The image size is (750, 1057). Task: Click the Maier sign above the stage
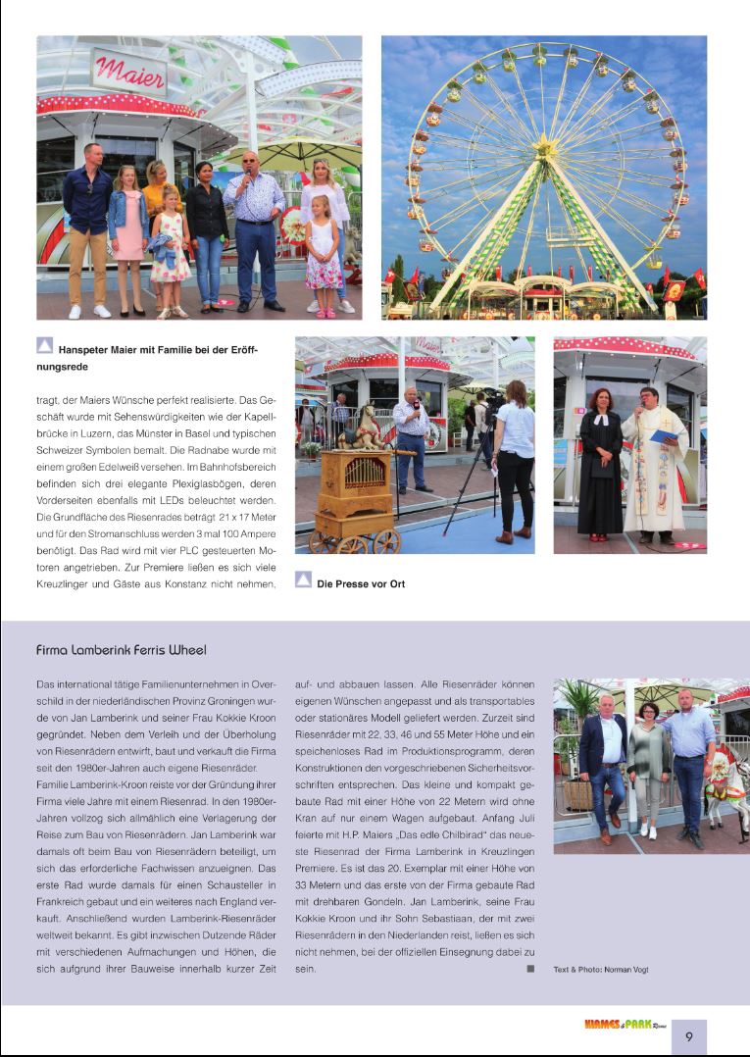(129, 72)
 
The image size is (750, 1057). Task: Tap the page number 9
(689, 1036)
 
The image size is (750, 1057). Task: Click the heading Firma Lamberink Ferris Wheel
(121, 649)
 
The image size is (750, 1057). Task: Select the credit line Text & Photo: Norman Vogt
(601, 970)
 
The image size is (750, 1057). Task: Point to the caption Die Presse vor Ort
(360, 584)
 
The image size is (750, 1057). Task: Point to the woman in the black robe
(599, 471)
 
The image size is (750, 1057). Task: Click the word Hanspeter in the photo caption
(91, 348)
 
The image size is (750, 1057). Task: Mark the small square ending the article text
(530, 968)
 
